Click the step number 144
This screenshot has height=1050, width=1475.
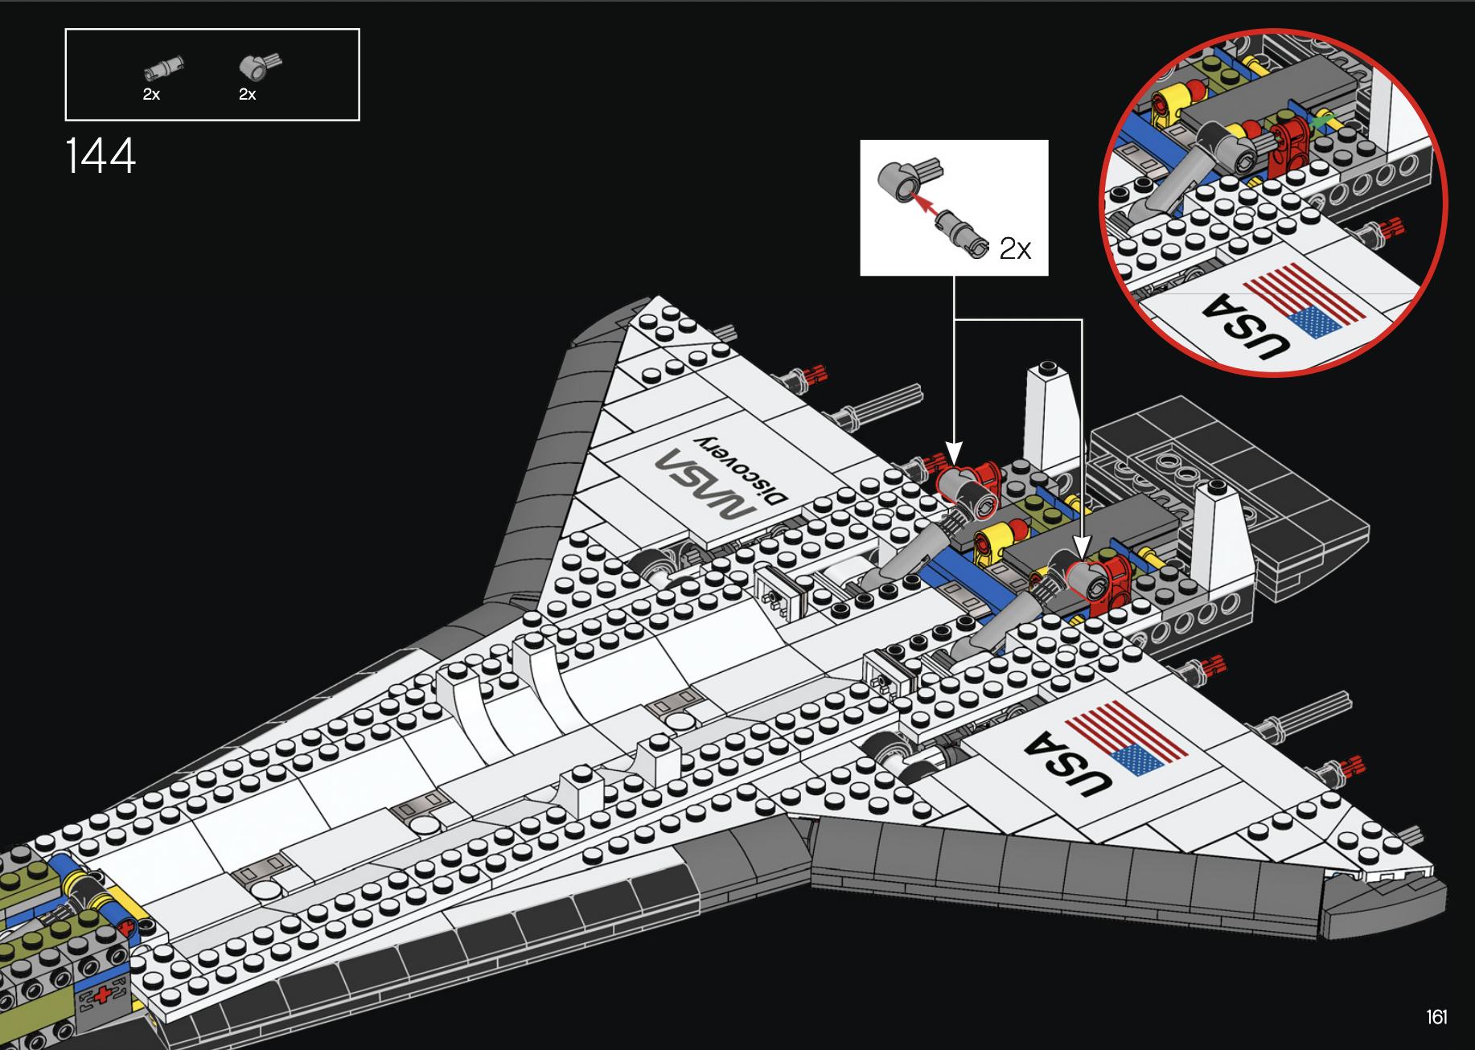point(101,156)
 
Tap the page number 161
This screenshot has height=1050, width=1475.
point(1436,1017)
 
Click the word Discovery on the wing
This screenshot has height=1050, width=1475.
point(741,470)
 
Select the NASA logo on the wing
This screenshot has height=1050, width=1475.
point(705,485)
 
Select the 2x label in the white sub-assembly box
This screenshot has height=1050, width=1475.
point(1015,249)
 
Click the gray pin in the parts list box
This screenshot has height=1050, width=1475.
point(165,68)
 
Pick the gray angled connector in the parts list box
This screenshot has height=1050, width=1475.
point(259,66)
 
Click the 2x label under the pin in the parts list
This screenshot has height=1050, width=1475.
point(151,95)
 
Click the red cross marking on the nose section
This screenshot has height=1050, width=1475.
point(104,995)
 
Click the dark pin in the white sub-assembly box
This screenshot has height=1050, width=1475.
point(962,234)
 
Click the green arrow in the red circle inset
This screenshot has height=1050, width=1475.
point(1322,122)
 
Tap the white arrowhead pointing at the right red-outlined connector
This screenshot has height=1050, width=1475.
point(1082,547)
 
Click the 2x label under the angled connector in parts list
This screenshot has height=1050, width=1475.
point(247,95)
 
